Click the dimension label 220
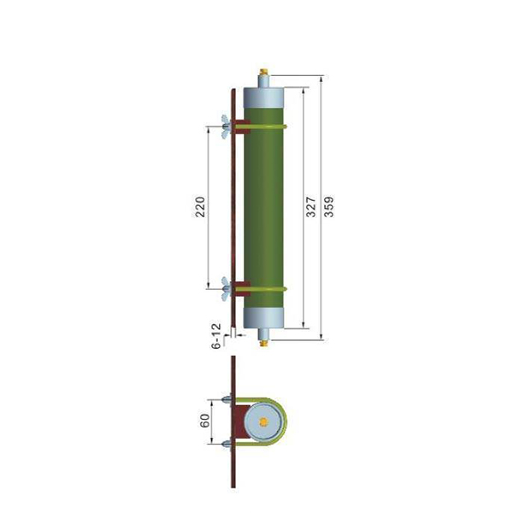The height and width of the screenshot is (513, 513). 200,207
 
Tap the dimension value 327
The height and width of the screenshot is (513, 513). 311,207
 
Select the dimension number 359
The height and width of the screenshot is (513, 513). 329,207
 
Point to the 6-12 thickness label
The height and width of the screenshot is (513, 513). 216,336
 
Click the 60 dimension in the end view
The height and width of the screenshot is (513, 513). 205,421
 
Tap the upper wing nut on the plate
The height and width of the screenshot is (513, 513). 226,127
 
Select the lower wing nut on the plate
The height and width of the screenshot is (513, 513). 226,289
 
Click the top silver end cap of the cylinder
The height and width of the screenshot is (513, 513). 263,97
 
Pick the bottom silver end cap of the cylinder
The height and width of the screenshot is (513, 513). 263,318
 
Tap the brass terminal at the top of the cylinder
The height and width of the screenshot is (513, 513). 263,71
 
